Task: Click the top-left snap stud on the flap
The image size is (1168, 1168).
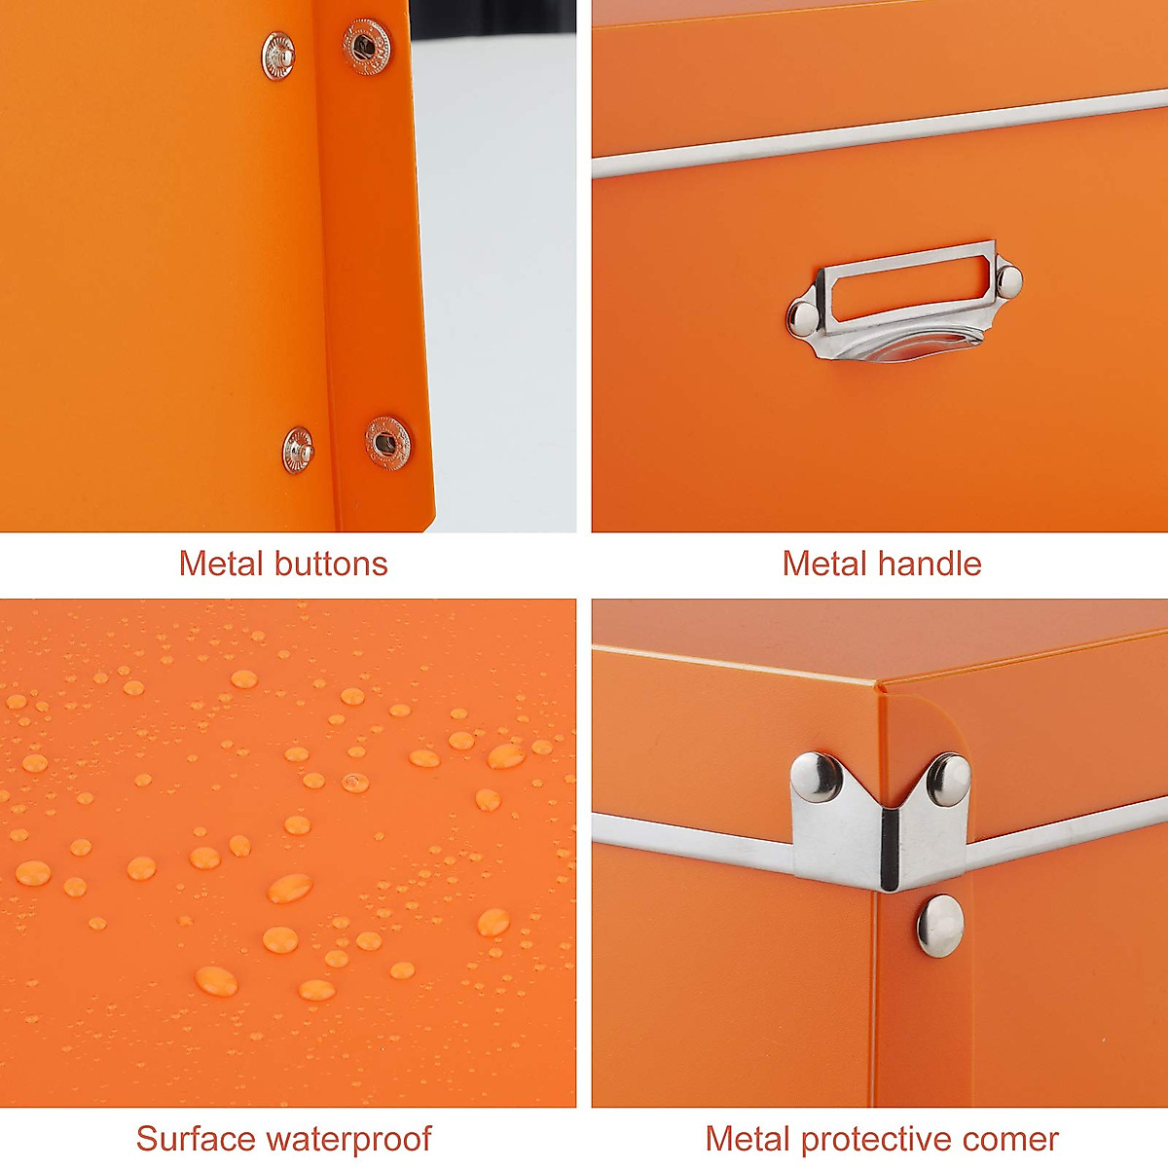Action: (x=278, y=55)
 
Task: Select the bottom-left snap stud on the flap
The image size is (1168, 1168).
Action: (x=298, y=452)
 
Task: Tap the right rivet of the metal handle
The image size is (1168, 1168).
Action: (x=1008, y=280)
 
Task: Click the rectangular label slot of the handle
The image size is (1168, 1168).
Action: (x=905, y=286)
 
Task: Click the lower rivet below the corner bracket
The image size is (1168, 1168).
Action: (x=940, y=924)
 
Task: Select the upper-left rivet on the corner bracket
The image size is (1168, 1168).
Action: (x=816, y=776)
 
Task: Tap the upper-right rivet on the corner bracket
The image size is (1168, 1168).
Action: (x=948, y=778)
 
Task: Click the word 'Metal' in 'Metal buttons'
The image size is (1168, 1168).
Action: (x=221, y=564)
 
